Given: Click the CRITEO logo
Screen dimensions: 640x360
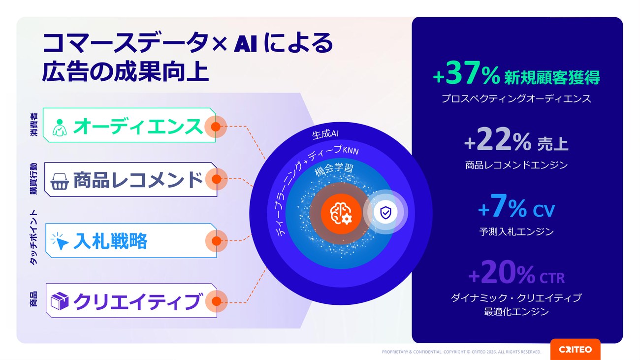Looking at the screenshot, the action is point(575,350).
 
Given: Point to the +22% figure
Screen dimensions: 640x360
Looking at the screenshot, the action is point(498,139).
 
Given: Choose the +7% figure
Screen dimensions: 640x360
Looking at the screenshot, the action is point(502,206).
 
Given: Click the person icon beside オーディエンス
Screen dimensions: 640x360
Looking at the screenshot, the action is point(60,128).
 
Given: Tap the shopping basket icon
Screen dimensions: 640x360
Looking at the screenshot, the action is point(60,181).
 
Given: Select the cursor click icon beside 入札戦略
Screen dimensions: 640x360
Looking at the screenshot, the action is point(60,241).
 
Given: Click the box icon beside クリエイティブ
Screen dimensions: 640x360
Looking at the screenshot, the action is point(60,301).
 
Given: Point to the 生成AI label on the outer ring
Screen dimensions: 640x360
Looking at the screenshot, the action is point(325,134).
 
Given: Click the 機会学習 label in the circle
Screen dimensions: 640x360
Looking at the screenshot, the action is point(334,169).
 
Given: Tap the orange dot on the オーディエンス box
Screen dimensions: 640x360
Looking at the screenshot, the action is point(216,127).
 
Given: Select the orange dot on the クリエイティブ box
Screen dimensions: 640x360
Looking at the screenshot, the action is point(217,301).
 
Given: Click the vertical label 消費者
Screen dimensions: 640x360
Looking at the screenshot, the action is point(33,125).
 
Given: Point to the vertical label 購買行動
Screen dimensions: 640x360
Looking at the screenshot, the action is point(33,179).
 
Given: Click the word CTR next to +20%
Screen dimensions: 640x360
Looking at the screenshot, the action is point(552,278).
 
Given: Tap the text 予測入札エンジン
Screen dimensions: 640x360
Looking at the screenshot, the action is point(516,232).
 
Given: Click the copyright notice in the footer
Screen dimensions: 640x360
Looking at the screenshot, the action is point(461,352).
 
